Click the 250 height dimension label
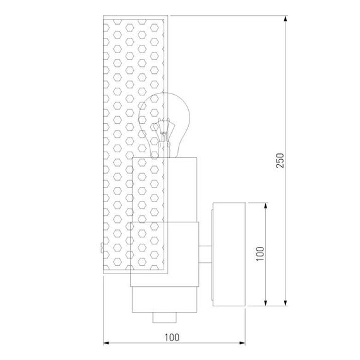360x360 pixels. (x=280, y=160)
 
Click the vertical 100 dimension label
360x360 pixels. (x=260, y=254)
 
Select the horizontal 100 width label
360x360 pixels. (x=172, y=337)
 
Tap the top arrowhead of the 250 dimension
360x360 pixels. (x=285, y=18)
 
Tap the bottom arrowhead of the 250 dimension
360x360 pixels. (x=285, y=303)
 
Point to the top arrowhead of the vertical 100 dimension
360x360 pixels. (x=266, y=206)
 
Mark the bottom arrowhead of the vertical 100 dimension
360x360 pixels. (x=266, y=303)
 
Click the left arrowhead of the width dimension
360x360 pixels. (x=106, y=343)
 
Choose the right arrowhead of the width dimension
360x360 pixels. (x=242, y=343)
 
